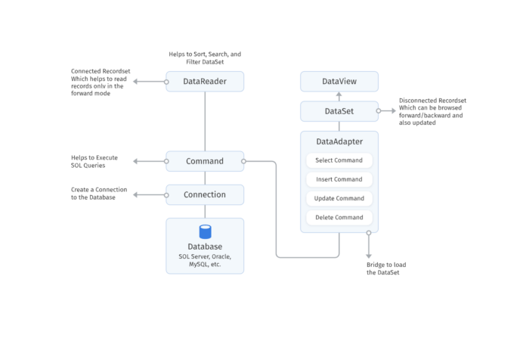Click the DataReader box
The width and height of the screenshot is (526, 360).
(205, 81)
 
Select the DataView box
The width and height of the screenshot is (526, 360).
(339, 81)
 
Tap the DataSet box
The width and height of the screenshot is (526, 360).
(339, 111)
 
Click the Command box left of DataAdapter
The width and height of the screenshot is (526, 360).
(205, 161)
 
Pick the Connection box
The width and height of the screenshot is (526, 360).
(205, 194)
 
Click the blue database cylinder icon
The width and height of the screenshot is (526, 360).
(205, 231)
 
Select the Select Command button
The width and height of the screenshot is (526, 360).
(339, 160)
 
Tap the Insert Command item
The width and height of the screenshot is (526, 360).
(339, 179)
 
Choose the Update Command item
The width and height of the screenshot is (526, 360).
(339, 198)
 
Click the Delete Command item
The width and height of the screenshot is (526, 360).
(339, 218)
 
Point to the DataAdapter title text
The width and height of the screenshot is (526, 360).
(339, 141)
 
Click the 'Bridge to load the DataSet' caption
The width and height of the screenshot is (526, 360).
(384, 268)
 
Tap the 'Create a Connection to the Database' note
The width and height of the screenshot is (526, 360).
(94, 194)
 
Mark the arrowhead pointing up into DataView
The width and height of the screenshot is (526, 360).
(339, 95)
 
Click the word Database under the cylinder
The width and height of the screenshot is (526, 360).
(205, 247)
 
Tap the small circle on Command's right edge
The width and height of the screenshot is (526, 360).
(243, 161)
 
